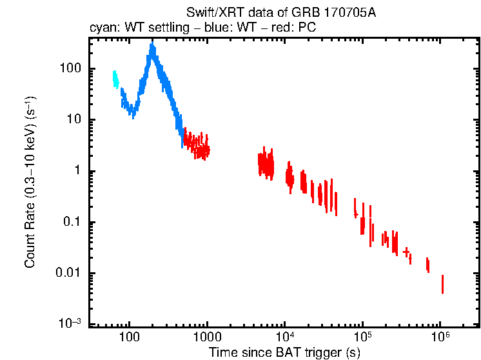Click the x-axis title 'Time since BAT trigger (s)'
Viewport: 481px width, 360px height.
click(284, 352)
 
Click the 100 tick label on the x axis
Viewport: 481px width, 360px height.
click(130, 337)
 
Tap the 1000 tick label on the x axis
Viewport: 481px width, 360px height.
click(207, 337)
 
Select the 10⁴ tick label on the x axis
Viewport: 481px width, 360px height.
click(284, 337)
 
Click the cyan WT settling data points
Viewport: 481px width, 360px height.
click(115, 79)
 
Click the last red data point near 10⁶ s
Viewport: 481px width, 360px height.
click(442, 284)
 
